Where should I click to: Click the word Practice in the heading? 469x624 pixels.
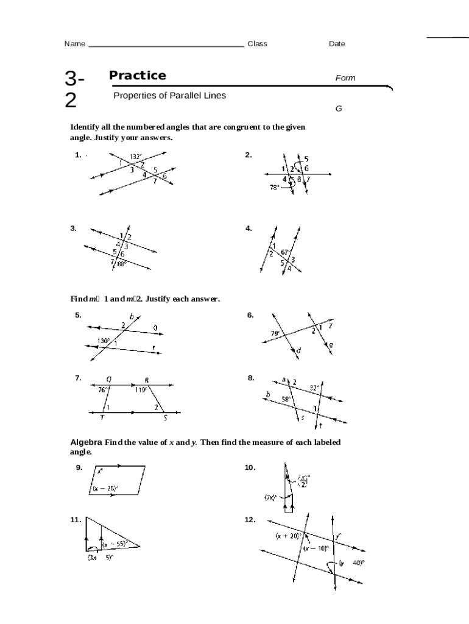tap(137, 76)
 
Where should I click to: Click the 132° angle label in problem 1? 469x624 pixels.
tap(136, 156)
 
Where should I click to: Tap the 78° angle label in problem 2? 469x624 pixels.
tap(274, 188)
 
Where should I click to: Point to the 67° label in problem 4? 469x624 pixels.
tap(285, 252)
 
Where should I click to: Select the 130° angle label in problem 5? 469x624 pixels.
tap(104, 341)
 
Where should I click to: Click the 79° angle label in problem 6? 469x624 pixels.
tap(275, 333)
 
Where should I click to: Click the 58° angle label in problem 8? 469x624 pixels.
tap(286, 399)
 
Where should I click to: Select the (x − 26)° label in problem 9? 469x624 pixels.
tap(105, 488)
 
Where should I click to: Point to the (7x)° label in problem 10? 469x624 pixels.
tap(270, 497)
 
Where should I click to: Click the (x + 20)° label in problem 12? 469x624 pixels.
tap(288, 536)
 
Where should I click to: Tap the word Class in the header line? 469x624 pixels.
tap(257, 44)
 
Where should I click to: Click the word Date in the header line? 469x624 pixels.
tap(337, 44)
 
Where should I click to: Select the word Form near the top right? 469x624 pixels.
tap(345, 78)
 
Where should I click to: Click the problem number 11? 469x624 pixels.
tap(76, 520)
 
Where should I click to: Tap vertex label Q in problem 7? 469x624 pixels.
tap(108, 379)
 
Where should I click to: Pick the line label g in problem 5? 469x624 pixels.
tap(155, 327)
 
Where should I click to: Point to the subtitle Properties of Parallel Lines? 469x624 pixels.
tap(169, 96)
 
